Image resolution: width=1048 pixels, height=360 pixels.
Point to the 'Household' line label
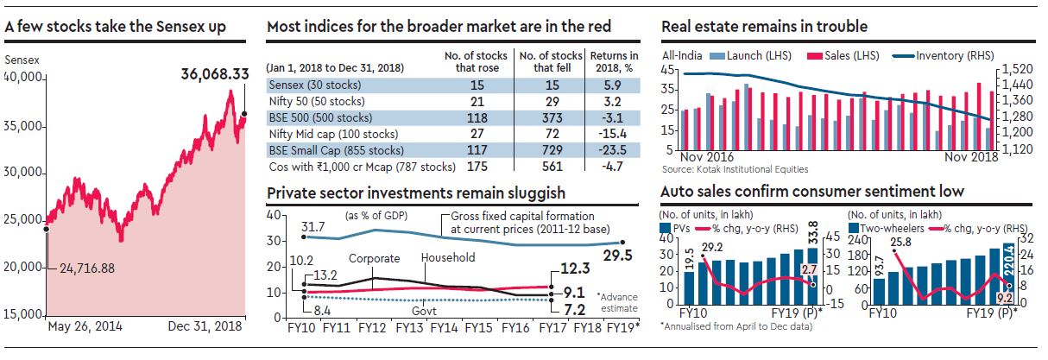pyautogui.click(x=447, y=257)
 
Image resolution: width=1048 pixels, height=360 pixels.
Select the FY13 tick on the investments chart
pyautogui.click(x=408, y=329)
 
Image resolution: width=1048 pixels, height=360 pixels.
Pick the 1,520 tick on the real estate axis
pyautogui.click(x=1021, y=68)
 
